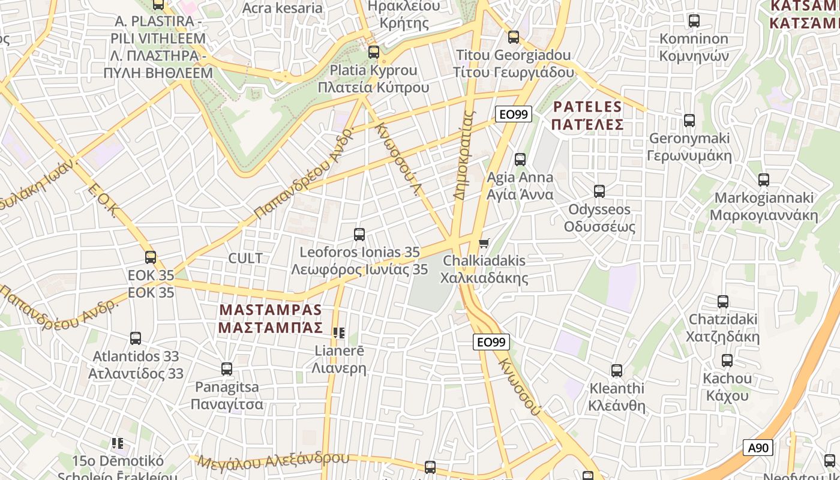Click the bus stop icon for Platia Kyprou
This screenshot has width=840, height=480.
tap(374, 52)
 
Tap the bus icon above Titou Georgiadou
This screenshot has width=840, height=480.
tap(514, 37)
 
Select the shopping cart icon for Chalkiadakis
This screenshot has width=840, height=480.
tap(484, 243)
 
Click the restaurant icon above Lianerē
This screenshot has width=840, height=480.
tap(339, 332)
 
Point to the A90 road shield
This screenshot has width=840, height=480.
tap(758, 448)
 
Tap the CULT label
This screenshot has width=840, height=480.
tap(245, 258)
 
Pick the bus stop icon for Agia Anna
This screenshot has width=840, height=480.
tap(520, 160)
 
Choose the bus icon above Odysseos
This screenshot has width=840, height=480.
tap(599, 191)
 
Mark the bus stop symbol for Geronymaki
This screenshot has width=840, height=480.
tap(689, 121)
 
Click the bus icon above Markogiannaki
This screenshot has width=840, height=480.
tap(764, 179)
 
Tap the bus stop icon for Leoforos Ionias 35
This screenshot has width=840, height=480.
tap(359, 235)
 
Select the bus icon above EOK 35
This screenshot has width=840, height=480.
tap(151, 257)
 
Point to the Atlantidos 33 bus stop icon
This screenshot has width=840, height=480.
tap(136, 338)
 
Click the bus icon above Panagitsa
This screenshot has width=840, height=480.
tap(227, 369)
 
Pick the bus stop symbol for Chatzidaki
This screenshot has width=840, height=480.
tap(723, 301)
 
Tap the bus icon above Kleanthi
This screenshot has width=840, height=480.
tap(617, 371)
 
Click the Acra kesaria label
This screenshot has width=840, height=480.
tap(282, 8)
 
